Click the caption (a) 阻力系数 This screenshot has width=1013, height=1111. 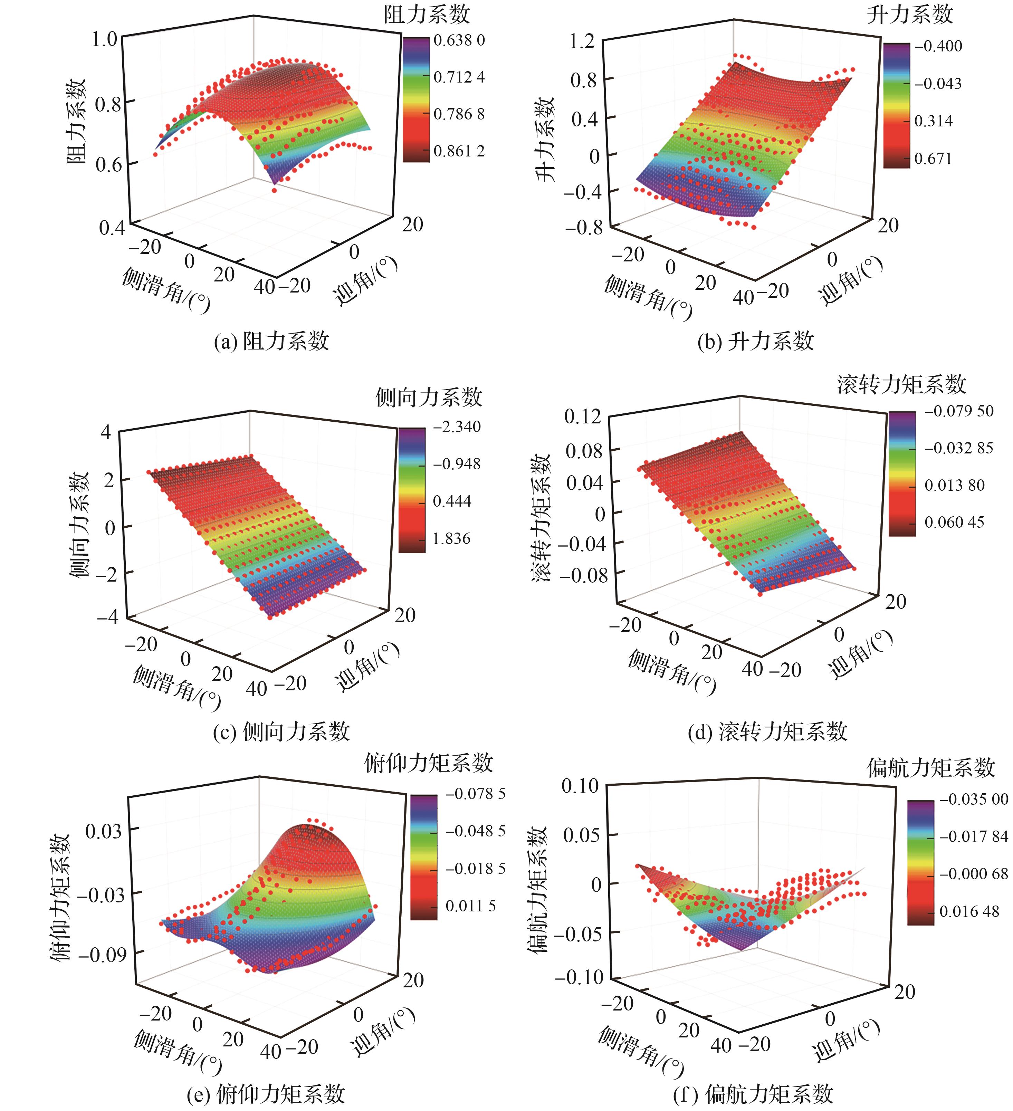point(271,341)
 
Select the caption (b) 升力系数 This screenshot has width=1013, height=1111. point(756,341)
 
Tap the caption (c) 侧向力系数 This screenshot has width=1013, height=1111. point(281,731)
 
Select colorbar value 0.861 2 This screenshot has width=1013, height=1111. point(459,151)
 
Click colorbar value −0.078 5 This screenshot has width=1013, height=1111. point(475,794)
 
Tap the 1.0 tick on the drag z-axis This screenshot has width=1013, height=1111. point(104,39)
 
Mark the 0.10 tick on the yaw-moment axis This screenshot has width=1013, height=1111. point(580,786)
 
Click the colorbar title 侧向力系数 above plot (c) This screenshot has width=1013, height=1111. point(429,397)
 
